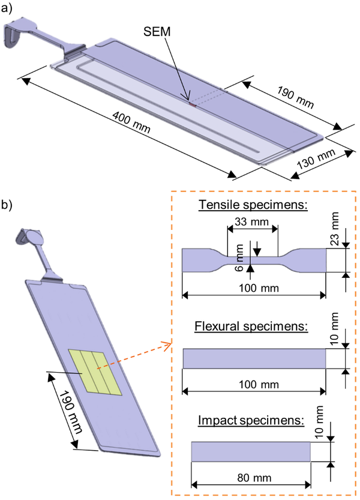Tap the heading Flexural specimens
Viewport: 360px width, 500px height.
(x=251, y=327)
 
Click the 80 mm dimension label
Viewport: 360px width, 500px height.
(x=250, y=478)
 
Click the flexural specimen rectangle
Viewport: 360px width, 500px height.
(x=254, y=358)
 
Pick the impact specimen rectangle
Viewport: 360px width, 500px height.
(x=250, y=451)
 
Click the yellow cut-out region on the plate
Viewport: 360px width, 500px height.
(x=92, y=373)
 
